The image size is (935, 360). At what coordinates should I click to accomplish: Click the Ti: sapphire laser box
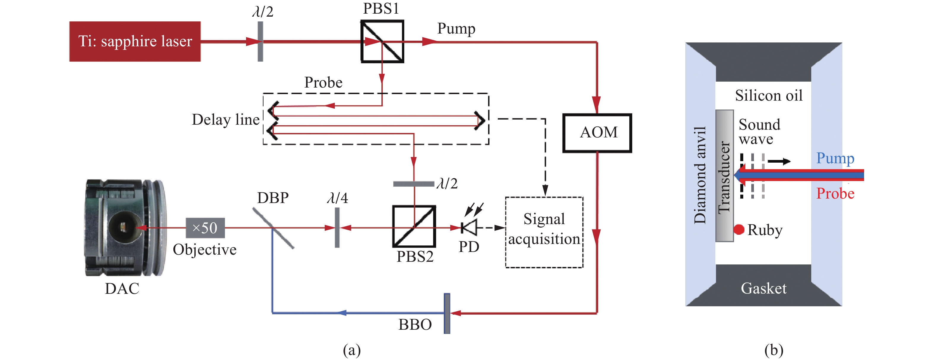click(x=135, y=41)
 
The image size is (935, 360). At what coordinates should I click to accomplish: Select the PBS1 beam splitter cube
click(x=382, y=41)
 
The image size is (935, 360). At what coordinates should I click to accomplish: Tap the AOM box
click(x=597, y=133)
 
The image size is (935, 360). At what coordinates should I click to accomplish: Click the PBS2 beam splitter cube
click(x=414, y=227)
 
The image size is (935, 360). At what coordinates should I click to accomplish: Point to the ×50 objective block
click(x=205, y=228)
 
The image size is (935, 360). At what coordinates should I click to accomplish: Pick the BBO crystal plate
click(x=447, y=313)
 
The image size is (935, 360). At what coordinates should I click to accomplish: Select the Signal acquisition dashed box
click(x=544, y=232)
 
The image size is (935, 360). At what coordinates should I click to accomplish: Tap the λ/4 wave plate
click(x=337, y=228)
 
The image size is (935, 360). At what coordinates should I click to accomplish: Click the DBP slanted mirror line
click(x=273, y=228)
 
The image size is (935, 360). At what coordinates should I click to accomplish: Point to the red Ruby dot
click(x=739, y=229)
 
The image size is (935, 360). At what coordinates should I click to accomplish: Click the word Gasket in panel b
click(x=763, y=288)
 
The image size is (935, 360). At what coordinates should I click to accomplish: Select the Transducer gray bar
click(x=725, y=176)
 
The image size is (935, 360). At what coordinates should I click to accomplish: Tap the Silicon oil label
click(x=768, y=96)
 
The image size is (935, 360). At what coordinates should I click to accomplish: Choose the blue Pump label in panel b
click(x=835, y=158)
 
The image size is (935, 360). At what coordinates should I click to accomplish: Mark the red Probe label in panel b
click(x=835, y=194)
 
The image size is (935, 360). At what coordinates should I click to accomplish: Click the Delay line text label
click(x=225, y=120)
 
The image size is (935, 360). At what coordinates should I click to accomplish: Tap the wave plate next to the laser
click(x=260, y=41)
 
